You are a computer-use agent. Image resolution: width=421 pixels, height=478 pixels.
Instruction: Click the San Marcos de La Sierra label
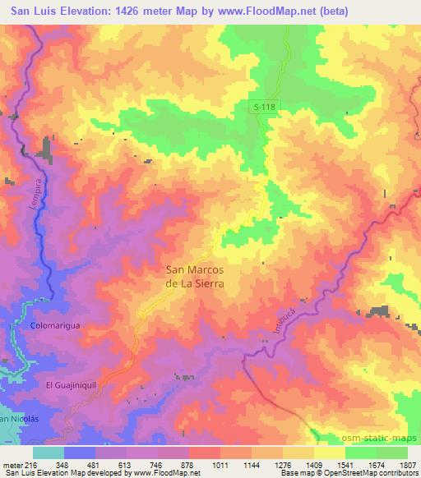(196, 275)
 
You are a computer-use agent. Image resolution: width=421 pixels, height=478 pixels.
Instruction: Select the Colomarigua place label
(56, 325)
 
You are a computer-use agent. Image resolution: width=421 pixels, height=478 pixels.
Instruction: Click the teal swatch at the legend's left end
(49, 452)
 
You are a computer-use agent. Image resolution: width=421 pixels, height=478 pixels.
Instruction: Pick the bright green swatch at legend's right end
(391, 452)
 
